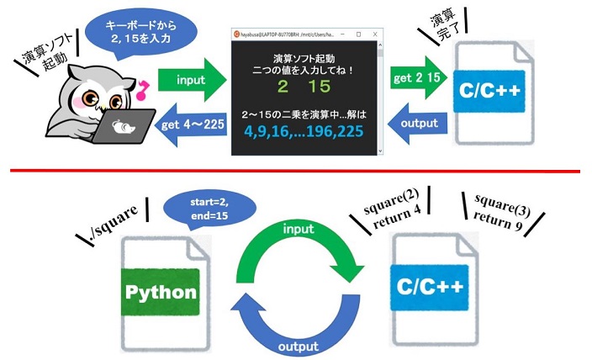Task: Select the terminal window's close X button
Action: [371, 34]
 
